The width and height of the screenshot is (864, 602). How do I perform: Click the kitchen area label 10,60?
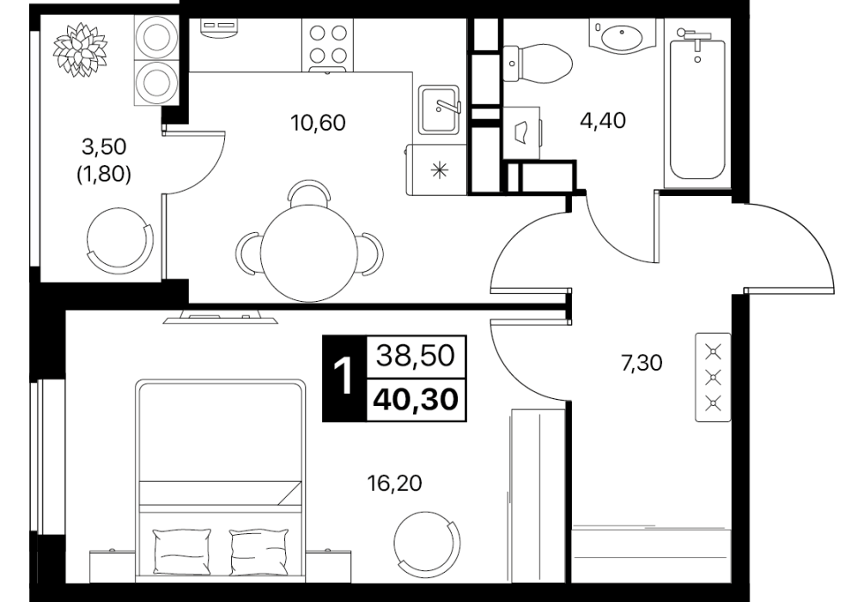[x=318, y=122]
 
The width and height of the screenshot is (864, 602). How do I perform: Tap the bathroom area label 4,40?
[x=603, y=120]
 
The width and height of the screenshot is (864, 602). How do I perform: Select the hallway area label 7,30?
[x=642, y=363]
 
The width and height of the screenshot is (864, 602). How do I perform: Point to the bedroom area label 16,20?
[x=394, y=483]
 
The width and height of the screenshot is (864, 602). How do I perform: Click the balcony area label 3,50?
[x=104, y=147]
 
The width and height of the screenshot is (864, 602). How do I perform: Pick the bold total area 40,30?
[x=416, y=399]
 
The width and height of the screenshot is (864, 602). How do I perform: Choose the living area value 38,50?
[x=416, y=356]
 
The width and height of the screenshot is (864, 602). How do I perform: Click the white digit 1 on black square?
[x=344, y=378]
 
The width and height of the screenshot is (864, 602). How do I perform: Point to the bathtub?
[x=697, y=105]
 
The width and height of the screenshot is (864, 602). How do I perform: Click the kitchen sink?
[x=439, y=110]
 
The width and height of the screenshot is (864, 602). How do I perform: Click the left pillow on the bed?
[x=182, y=552]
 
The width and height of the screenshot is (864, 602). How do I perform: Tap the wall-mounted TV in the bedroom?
[x=221, y=317]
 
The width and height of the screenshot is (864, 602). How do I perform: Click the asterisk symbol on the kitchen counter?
[x=439, y=170]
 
